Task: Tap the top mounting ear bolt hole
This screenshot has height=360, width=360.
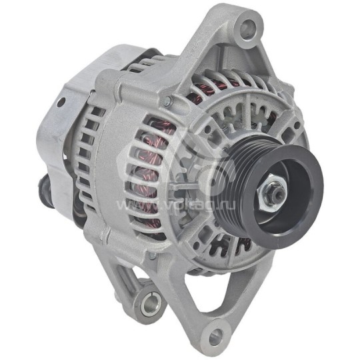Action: click(247, 27)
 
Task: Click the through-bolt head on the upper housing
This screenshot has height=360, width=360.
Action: click(167, 101)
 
